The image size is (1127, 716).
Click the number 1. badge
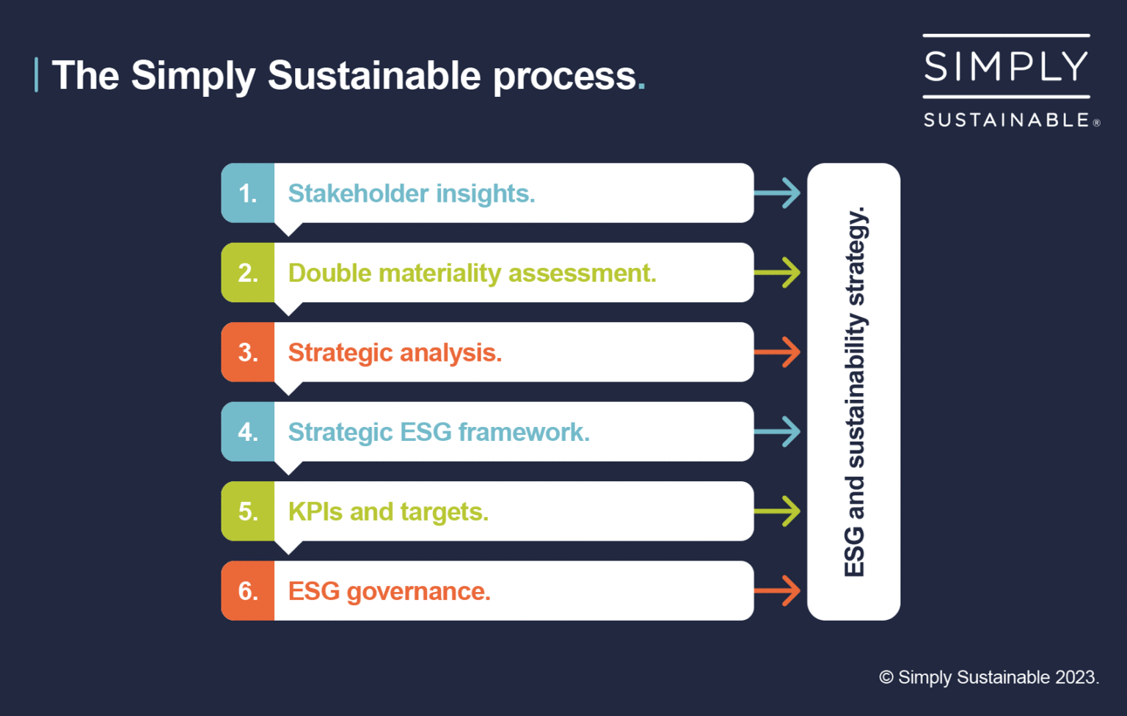(248, 193)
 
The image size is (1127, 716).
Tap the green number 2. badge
(248, 273)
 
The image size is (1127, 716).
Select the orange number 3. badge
(248, 352)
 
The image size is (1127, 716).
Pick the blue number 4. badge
(248, 431)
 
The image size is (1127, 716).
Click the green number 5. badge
(248, 511)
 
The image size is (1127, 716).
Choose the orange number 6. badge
(248, 591)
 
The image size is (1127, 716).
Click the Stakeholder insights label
(411, 194)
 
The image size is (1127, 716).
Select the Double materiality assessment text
(472, 273)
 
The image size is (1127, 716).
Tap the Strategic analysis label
(395, 353)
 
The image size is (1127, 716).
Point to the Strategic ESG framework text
(438, 432)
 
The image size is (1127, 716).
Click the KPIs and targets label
(388, 511)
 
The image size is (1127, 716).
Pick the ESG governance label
(389, 591)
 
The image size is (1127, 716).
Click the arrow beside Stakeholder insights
(778, 193)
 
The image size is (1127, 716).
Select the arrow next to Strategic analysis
(778, 352)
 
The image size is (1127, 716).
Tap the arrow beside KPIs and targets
(778, 511)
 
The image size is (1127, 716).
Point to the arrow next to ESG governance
(778, 591)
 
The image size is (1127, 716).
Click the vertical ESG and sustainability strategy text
(855, 392)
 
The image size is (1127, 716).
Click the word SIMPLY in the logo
(1006, 67)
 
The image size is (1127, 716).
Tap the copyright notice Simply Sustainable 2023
(989, 677)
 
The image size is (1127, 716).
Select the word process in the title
(564, 76)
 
